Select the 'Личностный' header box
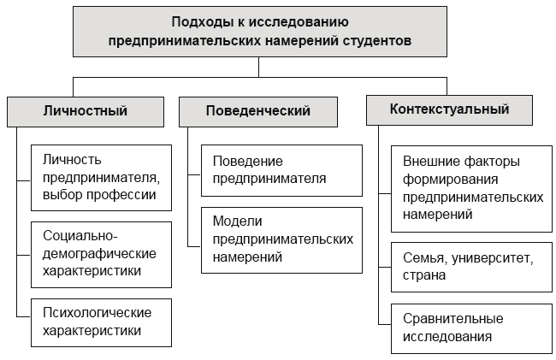click(85, 110)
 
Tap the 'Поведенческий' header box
click(257, 110)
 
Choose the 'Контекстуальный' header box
click(449, 109)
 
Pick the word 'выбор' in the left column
click(62, 194)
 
